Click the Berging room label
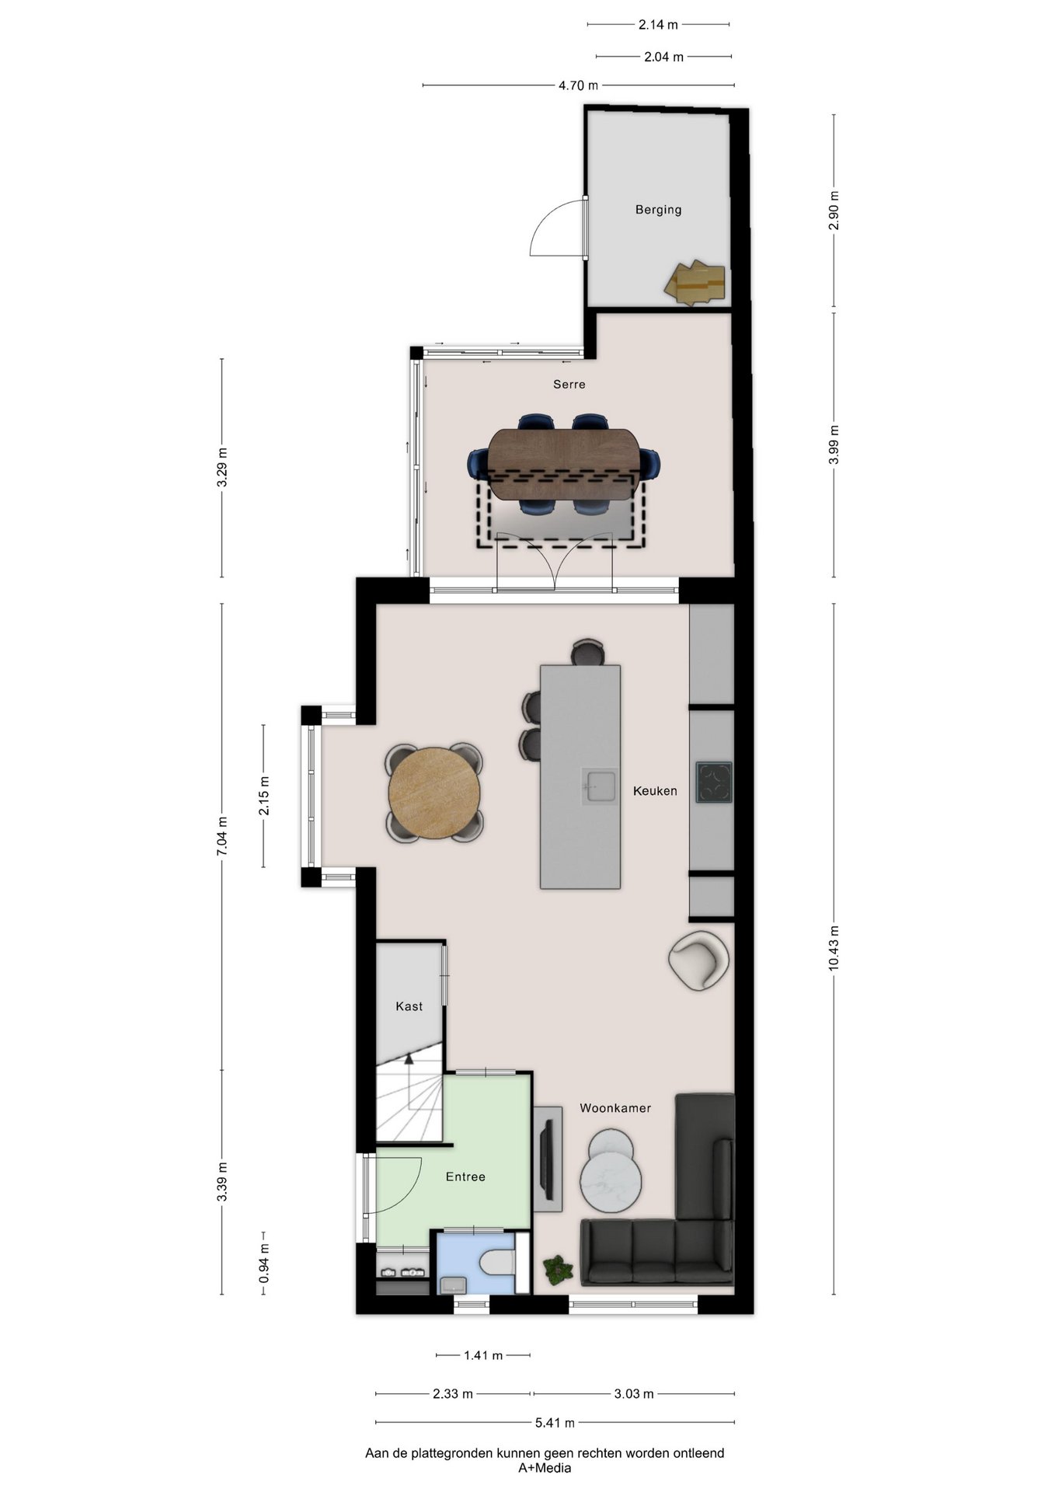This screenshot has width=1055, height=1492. tap(658, 210)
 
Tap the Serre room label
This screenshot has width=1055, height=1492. tap(569, 384)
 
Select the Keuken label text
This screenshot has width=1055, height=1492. tap(655, 791)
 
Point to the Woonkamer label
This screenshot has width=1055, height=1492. tap(615, 1108)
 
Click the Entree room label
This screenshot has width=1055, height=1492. tap(465, 1177)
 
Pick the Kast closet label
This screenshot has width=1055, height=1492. tap(409, 1006)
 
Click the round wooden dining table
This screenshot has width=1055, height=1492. tap(434, 793)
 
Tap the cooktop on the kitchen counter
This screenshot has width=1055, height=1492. tap(714, 782)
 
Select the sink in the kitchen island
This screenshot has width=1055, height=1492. tap(600, 786)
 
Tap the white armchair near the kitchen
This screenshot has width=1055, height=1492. tap(698, 960)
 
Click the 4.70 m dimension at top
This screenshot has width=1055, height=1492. tap(579, 85)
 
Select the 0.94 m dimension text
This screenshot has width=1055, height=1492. tap(264, 1269)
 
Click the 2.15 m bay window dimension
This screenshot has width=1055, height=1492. tap(264, 796)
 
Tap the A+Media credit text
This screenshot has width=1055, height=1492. tap(545, 1468)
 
